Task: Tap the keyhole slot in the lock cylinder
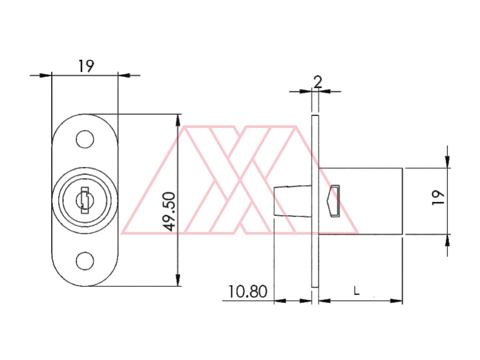click(x=85, y=200)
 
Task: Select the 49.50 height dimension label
click(x=169, y=211)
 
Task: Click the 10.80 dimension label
click(x=247, y=291)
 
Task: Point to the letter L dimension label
click(x=356, y=291)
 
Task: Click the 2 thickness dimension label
click(x=318, y=82)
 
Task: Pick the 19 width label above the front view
click(x=86, y=66)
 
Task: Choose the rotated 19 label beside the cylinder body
click(x=438, y=198)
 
